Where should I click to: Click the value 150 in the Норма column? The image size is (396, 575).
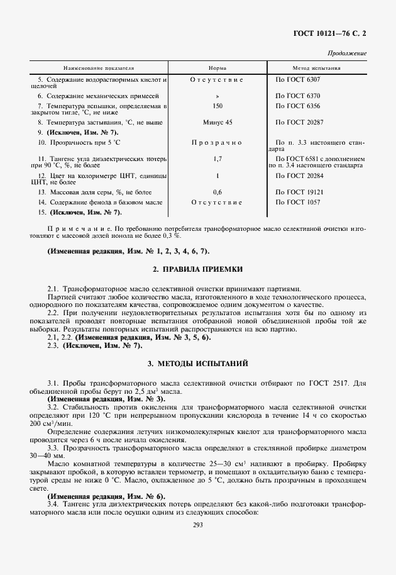[217, 106]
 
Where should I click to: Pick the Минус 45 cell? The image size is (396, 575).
[217, 121]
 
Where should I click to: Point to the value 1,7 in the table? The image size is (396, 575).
[217, 160]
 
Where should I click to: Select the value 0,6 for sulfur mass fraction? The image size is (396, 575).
[217, 191]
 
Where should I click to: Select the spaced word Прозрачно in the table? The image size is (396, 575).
[217, 143]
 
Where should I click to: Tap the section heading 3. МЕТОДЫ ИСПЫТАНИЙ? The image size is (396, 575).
[197, 364]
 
